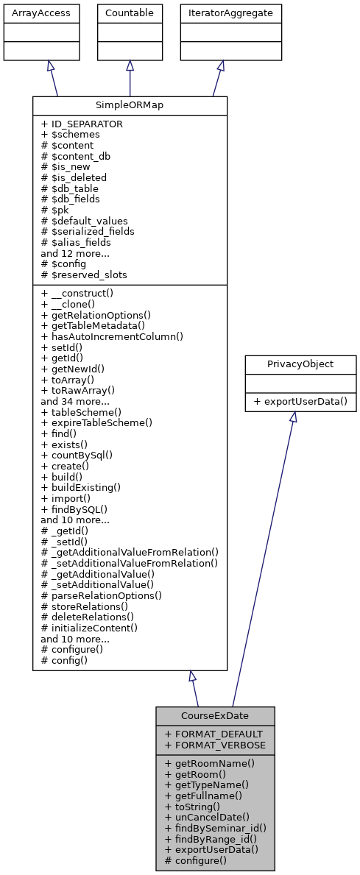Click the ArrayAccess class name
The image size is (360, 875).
pos(30,12)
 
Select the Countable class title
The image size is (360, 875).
pos(130,12)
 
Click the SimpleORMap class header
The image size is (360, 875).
pos(130,105)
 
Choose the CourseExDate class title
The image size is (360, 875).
pos(215,716)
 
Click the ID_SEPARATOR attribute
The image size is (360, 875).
pos(82,124)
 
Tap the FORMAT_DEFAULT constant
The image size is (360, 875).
pos(213,734)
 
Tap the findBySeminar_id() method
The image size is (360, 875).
pos(216,828)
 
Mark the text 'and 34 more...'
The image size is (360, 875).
pos(74,402)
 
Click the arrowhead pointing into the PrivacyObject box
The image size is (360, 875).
pos(293,417)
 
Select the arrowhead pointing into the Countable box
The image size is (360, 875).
pos(130,65)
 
